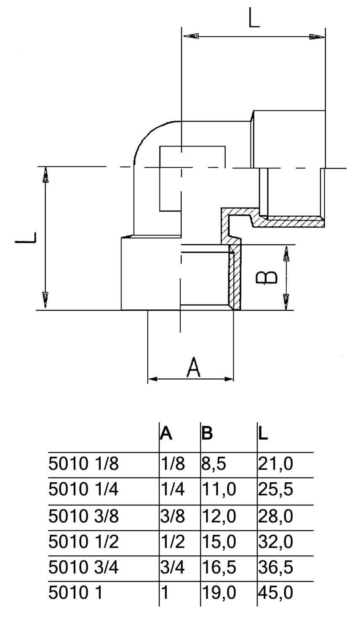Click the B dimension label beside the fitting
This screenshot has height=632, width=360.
(267, 277)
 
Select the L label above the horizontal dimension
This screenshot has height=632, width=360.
(254, 19)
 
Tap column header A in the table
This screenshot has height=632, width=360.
(166, 434)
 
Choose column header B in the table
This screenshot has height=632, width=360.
(207, 434)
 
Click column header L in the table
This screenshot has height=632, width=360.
(263, 434)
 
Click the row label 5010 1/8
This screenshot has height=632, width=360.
(84, 464)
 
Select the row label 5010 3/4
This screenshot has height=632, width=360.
(84, 568)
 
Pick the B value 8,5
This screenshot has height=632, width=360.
(214, 464)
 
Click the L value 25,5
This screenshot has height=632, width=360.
(275, 490)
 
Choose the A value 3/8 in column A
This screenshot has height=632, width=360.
(173, 516)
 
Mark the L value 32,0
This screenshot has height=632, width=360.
(275, 541)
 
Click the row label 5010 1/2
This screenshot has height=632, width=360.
(84, 541)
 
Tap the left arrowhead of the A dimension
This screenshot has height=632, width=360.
(152, 379)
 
